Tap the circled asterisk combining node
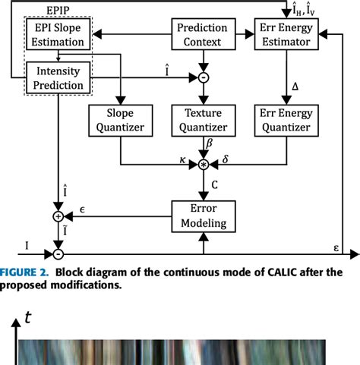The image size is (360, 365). point(203,164)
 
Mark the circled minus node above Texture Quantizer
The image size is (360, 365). point(203,77)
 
